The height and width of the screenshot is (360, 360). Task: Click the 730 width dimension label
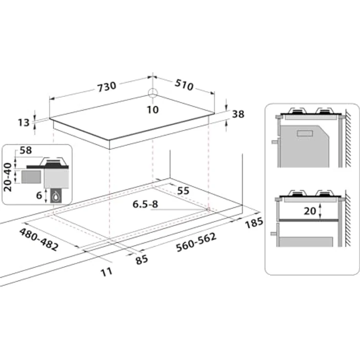[107, 87]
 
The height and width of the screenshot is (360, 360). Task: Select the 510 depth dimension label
[184, 85]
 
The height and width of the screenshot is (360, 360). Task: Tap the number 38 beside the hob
[238, 114]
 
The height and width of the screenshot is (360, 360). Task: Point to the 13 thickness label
[24, 123]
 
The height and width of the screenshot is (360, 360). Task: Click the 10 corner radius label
[153, 110]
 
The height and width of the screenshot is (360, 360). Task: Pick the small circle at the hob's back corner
[153, 93]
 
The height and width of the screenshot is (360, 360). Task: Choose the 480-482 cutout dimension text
[39, 240]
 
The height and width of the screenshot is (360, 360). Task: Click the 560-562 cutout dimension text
[196, 242]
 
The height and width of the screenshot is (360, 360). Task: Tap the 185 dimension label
[254, 223]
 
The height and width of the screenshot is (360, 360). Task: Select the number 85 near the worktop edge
[142, 260]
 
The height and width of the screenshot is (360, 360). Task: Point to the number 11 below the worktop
[107, 272]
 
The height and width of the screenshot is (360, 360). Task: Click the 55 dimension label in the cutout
[183, 191]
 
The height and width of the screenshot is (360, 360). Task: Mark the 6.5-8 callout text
[145, 204]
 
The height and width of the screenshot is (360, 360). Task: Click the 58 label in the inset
[26, 150]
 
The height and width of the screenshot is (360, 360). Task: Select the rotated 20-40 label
[7, 177]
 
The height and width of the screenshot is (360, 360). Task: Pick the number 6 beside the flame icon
[39, 195]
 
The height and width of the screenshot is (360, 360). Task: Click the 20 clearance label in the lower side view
[310, 211]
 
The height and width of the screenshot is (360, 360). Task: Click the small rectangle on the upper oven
[305, 133]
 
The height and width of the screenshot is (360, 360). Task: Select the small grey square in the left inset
[31, 177]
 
